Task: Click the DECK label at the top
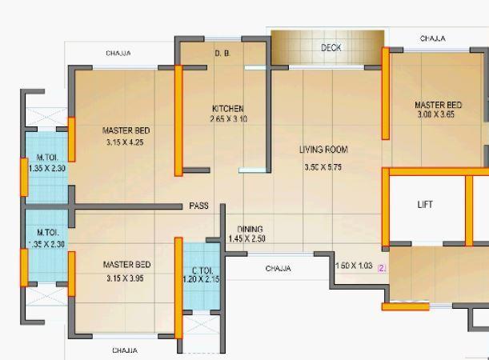tap(331, 48)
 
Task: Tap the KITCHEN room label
tap(228, 109)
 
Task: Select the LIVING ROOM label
tap(323, 150)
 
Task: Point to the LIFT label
tap(425, 205)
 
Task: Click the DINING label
tap(250, 230)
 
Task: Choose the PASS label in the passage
tap(198, 206)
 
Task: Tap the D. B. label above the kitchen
tap(222, 54)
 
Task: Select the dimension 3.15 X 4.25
tap(126, 143)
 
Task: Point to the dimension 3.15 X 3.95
tap(126, 278)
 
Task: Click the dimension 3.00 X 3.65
tap(436, 114)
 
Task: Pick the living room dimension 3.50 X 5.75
tap(323, 167)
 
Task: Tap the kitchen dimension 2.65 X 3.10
tap(228, 119)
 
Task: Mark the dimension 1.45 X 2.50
tap(247, 239)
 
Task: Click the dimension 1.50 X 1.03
tap(355, 266)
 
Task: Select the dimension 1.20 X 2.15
tap(201, 279)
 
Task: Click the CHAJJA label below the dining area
tap(278, 269)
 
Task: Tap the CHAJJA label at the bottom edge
tap(125, 350)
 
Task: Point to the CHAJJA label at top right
tap(433, 38)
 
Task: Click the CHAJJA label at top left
tap(118, 54)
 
